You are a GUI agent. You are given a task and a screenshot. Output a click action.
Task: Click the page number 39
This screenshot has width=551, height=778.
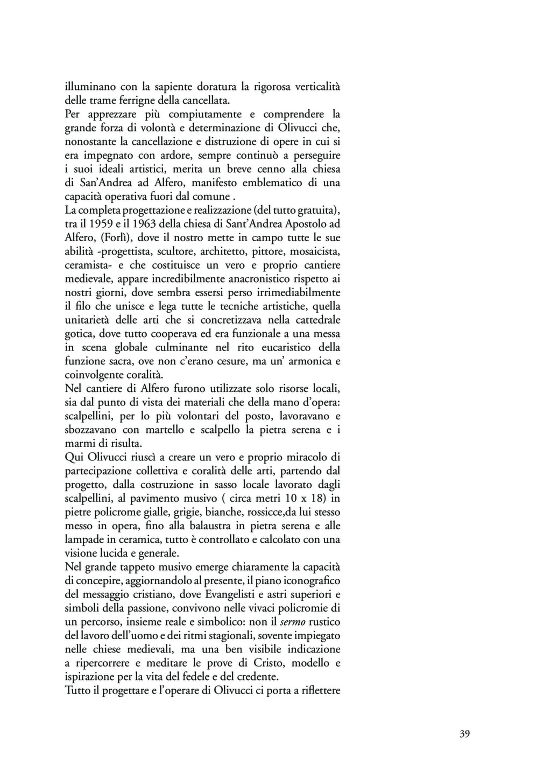[x=465, y=734]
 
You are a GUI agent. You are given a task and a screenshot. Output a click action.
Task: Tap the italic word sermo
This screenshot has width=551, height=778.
[x=293, y=622]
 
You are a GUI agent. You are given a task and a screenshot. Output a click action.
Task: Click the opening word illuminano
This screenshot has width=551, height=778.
[x=90, y=86]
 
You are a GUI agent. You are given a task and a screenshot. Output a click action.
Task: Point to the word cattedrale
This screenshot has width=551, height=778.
[x=315, y=320]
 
